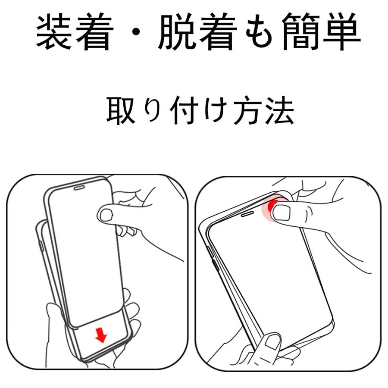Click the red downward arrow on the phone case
101,334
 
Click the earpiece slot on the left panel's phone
79,188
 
